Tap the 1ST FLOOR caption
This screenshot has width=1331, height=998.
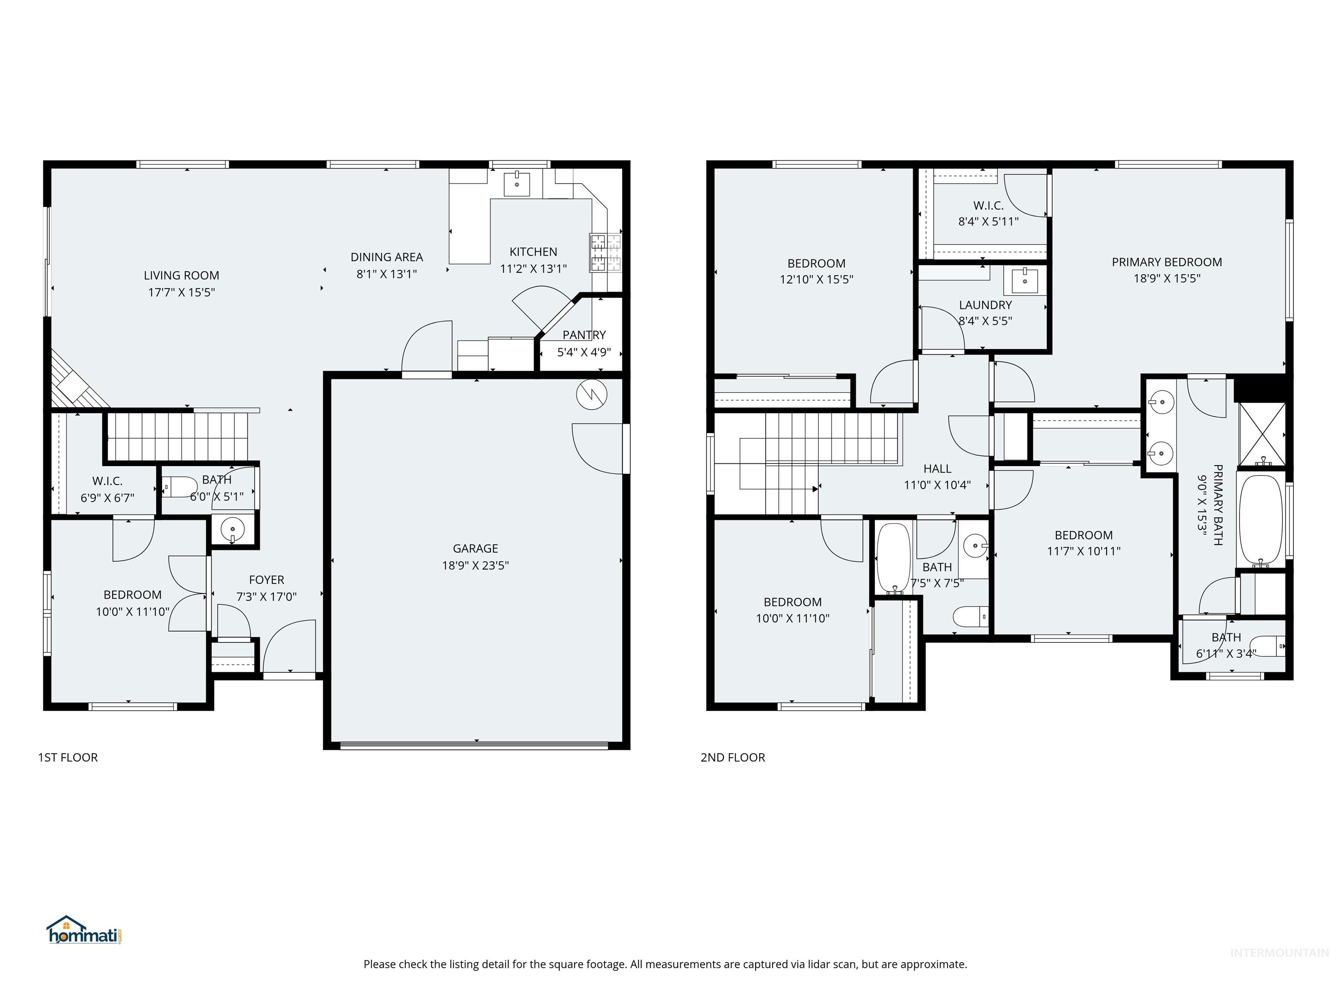[x=68, y=757]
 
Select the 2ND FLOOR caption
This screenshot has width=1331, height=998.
[x=732, y=757]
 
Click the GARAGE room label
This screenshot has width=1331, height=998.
[x=475, y=548]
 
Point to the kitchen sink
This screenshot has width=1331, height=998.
[x=517, y=181]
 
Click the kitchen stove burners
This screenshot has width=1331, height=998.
[x=605, y=252]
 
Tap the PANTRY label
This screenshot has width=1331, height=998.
[x=584, y=334]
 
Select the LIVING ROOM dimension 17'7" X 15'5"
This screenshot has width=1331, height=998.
[x=181, y=292]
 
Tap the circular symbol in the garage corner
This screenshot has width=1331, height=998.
[x=591, y=395]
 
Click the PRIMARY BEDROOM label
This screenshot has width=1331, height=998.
[x=1166, y=262]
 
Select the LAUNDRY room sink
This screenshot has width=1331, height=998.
[x=1025, y=280]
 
